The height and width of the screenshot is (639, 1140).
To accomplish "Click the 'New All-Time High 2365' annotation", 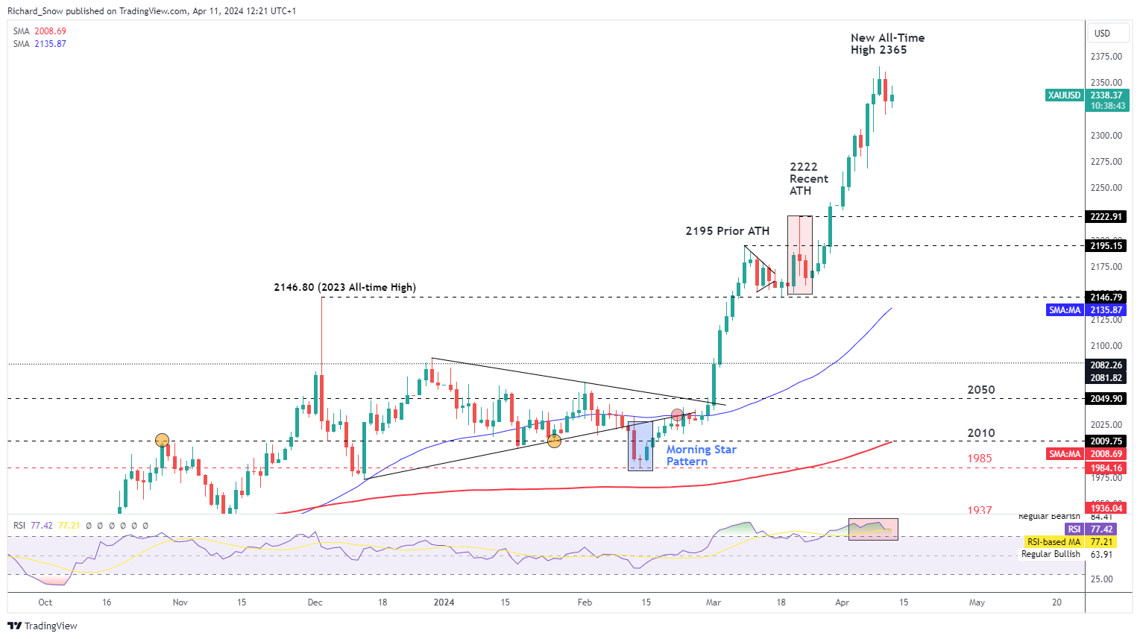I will [x=887, y=44].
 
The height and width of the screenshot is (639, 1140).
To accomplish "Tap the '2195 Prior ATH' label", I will [x=727, y=231].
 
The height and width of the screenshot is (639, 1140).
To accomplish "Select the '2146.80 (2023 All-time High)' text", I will [x=344, y=287].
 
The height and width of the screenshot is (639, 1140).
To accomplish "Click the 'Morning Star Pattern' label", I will [x=701, y=456].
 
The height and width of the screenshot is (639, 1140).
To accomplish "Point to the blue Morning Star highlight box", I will [x=640, y=446].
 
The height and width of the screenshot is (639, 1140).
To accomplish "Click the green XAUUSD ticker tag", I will [x=1064, y=95].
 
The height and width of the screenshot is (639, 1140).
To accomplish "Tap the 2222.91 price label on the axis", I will [x=1106, y=217].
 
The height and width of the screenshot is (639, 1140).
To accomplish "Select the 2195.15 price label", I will [x=1106, y=246].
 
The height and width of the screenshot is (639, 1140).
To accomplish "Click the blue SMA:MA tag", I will [x=1064, y=310].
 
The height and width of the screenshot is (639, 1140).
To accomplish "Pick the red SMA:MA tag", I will [x=1064, y=454].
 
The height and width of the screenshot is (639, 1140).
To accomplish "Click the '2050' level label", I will [x=980, y=390].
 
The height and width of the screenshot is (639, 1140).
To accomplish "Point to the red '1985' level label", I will [x=979, y=459].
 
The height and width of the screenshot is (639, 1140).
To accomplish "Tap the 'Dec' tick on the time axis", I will [x=315, y=602].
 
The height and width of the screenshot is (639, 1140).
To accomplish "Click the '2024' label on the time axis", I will [x=444, y=602].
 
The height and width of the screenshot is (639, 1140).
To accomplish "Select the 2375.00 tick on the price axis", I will [x=1106, y=57].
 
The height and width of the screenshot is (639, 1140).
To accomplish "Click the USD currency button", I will [x=1102, y=34].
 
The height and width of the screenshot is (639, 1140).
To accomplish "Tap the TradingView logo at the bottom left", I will [x=42, y=626].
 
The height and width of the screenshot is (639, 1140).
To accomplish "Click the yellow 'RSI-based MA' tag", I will [x=1053, y=542].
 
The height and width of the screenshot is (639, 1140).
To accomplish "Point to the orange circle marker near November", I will [x=162, y=440].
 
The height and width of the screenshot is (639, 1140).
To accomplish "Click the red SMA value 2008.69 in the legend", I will [x=50, y=31].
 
